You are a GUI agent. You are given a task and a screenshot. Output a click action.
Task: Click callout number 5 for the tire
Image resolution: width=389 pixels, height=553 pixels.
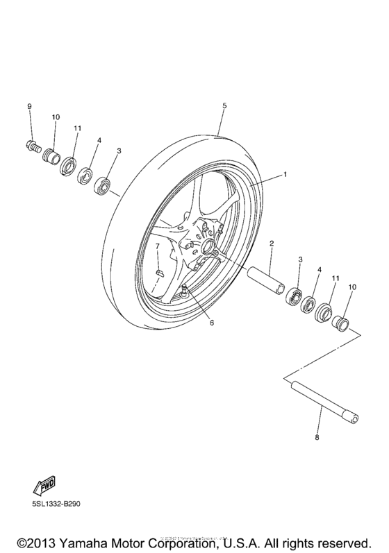point(224,106)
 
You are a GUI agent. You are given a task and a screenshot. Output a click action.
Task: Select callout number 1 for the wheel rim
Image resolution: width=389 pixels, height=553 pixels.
point(284,175)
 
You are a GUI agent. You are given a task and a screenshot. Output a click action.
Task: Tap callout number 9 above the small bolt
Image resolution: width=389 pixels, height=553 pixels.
point(30,106)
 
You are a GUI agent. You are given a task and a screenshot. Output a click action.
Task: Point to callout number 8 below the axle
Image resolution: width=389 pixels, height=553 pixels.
point(317,438)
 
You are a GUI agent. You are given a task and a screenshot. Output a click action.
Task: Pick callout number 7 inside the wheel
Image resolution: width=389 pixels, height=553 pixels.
point(158,246)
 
